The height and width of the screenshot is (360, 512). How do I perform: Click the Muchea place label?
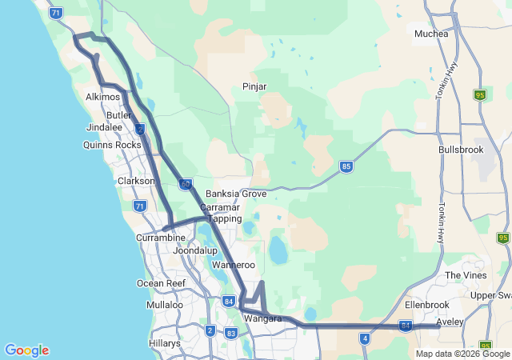[431, 34]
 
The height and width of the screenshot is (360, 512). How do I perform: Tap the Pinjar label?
[254, 86]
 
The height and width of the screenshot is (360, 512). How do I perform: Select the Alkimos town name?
[102, 97]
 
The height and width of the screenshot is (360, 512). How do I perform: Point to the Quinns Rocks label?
[112, 145]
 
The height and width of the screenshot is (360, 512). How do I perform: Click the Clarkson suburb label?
[136, 181]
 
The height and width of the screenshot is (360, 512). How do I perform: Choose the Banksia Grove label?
[236, 194]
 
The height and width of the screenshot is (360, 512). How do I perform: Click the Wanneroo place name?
[234, 265]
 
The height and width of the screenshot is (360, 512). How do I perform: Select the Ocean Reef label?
[161, 283]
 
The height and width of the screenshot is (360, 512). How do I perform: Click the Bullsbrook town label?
[462, 150]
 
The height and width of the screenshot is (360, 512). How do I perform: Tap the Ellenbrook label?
[427, 305]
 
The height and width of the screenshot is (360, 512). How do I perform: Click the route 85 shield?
[346, 166]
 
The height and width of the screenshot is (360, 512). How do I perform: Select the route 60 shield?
[185, 184]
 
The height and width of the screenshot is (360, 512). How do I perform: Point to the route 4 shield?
[365, 338]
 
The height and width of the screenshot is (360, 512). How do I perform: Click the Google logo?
[26, 350]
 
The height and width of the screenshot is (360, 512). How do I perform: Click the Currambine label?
[161, 238]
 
